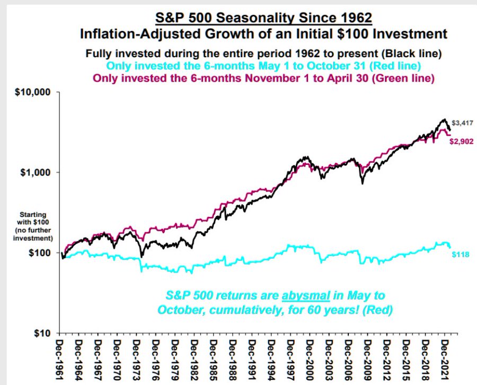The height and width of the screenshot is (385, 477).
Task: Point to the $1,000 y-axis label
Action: [37, 173]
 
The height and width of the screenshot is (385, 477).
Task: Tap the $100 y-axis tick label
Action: [40, 253]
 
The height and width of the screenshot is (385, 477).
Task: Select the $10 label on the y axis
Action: [42, 334]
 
